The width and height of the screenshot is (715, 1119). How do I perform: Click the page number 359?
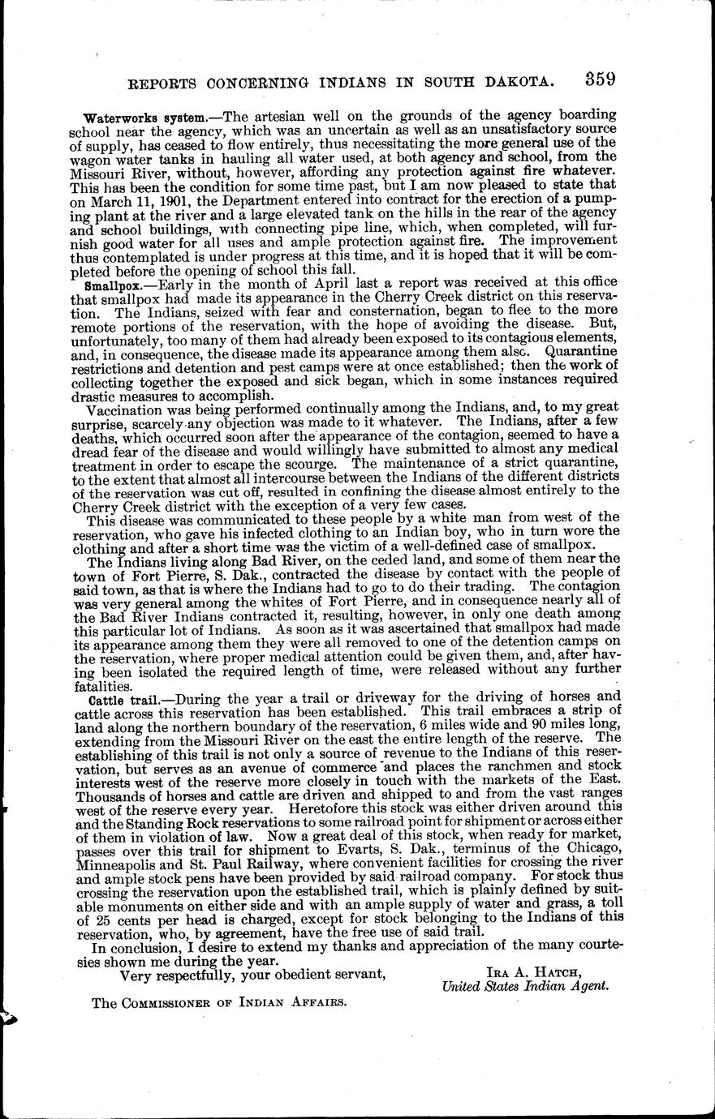(x=598, y=79)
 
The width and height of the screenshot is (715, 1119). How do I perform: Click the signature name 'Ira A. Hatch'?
(x=525, y=972)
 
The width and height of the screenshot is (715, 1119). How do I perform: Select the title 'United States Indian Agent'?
(x=525, y=987)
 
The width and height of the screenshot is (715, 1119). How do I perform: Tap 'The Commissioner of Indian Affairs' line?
(x=220, y=1002)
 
